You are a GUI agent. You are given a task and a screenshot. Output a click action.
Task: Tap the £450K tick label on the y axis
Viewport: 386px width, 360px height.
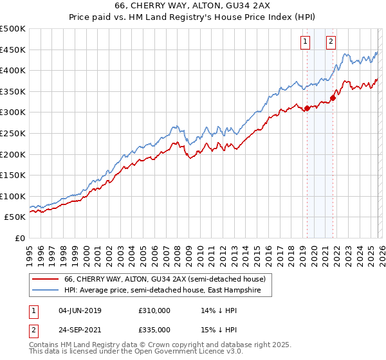pyautogui.click(x=13, y=50)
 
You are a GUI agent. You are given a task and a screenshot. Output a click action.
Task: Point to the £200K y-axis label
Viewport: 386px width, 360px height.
pyautogui.click(x=13, y=154)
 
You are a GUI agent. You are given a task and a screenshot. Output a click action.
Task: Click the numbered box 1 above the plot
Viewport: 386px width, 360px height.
pyautogui.click(x=304, y=42)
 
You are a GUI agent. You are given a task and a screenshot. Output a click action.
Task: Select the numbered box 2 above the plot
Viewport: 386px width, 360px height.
pyautogui.click(x=331, y=42)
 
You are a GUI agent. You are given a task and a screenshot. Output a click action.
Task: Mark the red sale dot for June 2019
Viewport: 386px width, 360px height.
pyautogui.click(x=307, y=108)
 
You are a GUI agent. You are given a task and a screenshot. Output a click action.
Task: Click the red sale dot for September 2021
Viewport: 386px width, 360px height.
pyautogui.click(x=333, y=98)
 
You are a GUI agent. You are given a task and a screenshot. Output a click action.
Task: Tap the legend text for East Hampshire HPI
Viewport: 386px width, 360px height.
pyautogui.click(x=167, y=291)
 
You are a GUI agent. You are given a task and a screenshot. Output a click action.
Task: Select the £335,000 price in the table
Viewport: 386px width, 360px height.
pyautogui.click(x=154, y=329)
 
